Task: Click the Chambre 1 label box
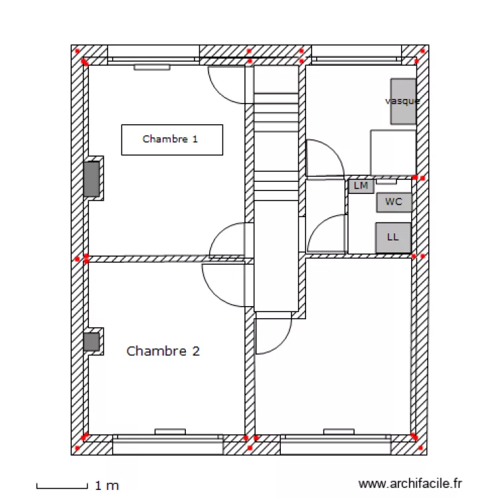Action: [x=171, y=139]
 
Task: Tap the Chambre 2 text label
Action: [x=163, y=351]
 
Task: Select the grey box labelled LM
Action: [x=361, y=186]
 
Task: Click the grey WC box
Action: [x=394, y=202]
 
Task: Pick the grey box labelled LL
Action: [x=393, y=237]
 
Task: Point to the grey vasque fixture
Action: [x=403, y=101]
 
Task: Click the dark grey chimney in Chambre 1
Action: [x=92, y=179]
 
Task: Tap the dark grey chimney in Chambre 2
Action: [x=92, y=342]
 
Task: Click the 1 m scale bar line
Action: [x=62, y=486]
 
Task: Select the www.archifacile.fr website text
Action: [x=409, y=484]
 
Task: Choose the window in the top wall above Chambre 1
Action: [x=153, y=52]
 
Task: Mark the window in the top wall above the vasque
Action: [x=356, y=52]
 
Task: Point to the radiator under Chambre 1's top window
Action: [x=152, y=67]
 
